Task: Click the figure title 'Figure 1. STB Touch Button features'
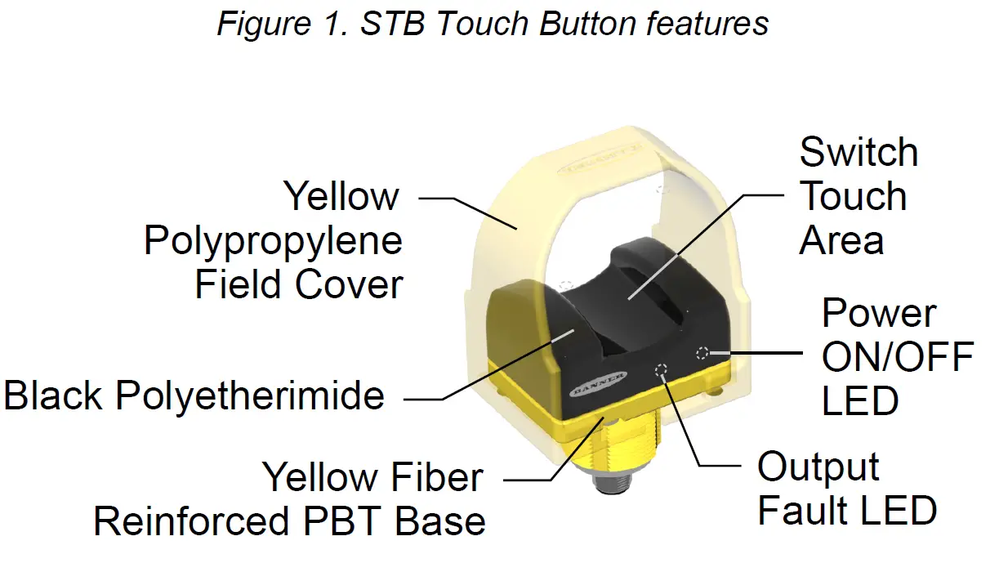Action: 493,24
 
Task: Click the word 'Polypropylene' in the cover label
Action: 273,242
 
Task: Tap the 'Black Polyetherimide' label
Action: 194,396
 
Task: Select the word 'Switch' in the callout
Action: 859,153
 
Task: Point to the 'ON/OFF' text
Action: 897,357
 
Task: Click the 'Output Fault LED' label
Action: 846,489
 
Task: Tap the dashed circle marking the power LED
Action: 702,353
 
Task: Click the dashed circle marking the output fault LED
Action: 662,372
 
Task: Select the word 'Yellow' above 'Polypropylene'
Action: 341,197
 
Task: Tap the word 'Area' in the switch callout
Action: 841,240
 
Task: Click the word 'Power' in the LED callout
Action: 879,314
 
